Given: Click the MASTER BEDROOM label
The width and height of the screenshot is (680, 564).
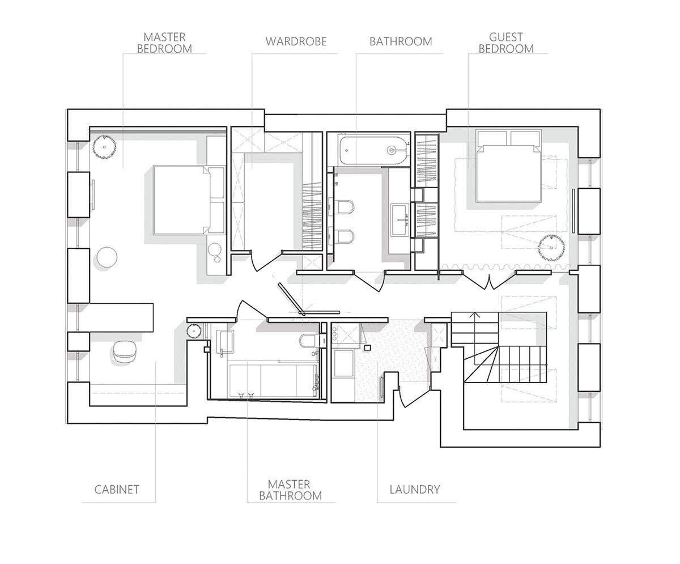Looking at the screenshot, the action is pyautogui.click(x=164, y=43).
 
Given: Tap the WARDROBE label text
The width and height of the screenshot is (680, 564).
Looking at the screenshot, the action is pyautogui.click(x=296, y=42).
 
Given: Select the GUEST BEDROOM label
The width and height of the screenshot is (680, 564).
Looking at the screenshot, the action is pyautogui.click(x=506, y=43).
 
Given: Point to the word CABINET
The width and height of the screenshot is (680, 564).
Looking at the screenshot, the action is pyautogui.click(x=117, y=489).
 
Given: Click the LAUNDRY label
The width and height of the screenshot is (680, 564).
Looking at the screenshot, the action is pyautogui.click(x=415, y=489).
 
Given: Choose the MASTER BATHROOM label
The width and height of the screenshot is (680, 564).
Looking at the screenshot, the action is pyautogui.click(x=290, y=490).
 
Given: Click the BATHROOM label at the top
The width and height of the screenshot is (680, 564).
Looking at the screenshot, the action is pyautogui.click(x=401, y=42).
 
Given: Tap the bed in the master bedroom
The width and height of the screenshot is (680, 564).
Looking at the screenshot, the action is pyautogui.click(x=189, y=200).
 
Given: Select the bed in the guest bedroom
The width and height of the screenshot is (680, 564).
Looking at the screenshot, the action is pyautogui.click(x=508, y=166).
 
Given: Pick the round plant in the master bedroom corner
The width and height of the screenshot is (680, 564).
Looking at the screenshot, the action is pyautogui.click(x=104, y=147).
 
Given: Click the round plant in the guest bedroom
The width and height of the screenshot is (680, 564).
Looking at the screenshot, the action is pyautogui.click(x=551, y=248).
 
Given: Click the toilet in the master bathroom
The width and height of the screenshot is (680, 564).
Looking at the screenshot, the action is pyautogui.click(x=308, y=341).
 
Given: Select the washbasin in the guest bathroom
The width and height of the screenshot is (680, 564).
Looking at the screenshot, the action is pyautogui.click(x=400, y=219).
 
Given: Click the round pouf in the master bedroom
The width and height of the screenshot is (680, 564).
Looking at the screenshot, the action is pyautogui.click(x=107, y=257).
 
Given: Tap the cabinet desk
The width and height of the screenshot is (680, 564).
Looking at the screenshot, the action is pyautogui.click(x=121, y=317).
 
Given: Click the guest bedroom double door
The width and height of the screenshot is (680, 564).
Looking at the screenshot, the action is pyautogui.click(x=490, y=280).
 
